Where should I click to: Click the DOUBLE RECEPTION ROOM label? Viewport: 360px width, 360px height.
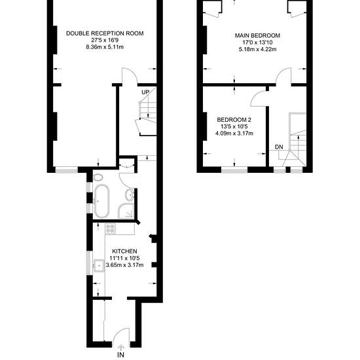105,33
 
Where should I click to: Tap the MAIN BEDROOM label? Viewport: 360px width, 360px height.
257,35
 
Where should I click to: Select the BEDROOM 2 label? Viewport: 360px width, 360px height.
234,120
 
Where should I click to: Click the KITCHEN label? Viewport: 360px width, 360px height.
124,251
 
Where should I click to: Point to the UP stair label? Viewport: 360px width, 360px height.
145,92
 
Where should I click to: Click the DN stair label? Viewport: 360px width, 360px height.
279,147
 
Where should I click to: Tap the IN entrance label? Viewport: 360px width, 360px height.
121,355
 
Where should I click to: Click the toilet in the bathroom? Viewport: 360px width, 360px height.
98,177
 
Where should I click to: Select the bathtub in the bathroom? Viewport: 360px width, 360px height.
101,201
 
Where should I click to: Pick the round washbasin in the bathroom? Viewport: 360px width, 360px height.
130,195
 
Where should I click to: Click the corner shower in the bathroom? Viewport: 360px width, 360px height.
126,211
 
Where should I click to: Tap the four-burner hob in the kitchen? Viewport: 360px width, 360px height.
110,228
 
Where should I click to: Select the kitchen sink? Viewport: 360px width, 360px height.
99,266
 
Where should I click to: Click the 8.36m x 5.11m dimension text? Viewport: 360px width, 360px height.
105,47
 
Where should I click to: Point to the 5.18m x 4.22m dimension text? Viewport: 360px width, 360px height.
257,49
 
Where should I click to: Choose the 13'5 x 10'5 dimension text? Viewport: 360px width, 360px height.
234,126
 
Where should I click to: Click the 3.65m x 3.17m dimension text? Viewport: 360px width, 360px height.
124,265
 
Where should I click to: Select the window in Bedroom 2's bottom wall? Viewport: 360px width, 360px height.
234,170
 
